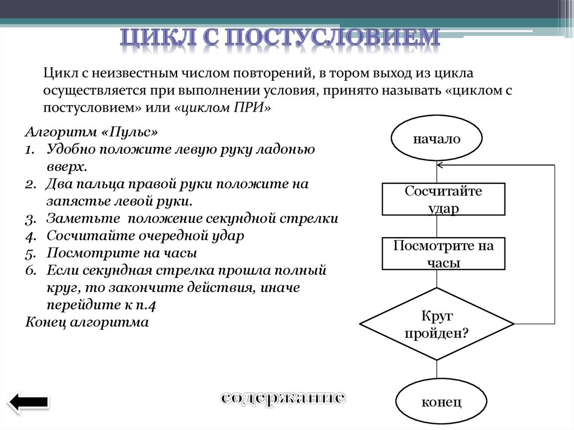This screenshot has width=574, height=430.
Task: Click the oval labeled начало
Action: pos(437,139)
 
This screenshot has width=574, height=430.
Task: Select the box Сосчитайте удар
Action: pos(443,200)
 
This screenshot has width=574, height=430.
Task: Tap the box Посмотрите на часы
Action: pos(443,254)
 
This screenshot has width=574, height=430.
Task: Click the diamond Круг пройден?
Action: pos(437,325)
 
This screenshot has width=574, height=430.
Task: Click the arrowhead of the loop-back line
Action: pos(441,165)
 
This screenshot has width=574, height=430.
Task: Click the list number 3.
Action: pos(30,219)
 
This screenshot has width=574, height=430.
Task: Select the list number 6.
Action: pos(30,271)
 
